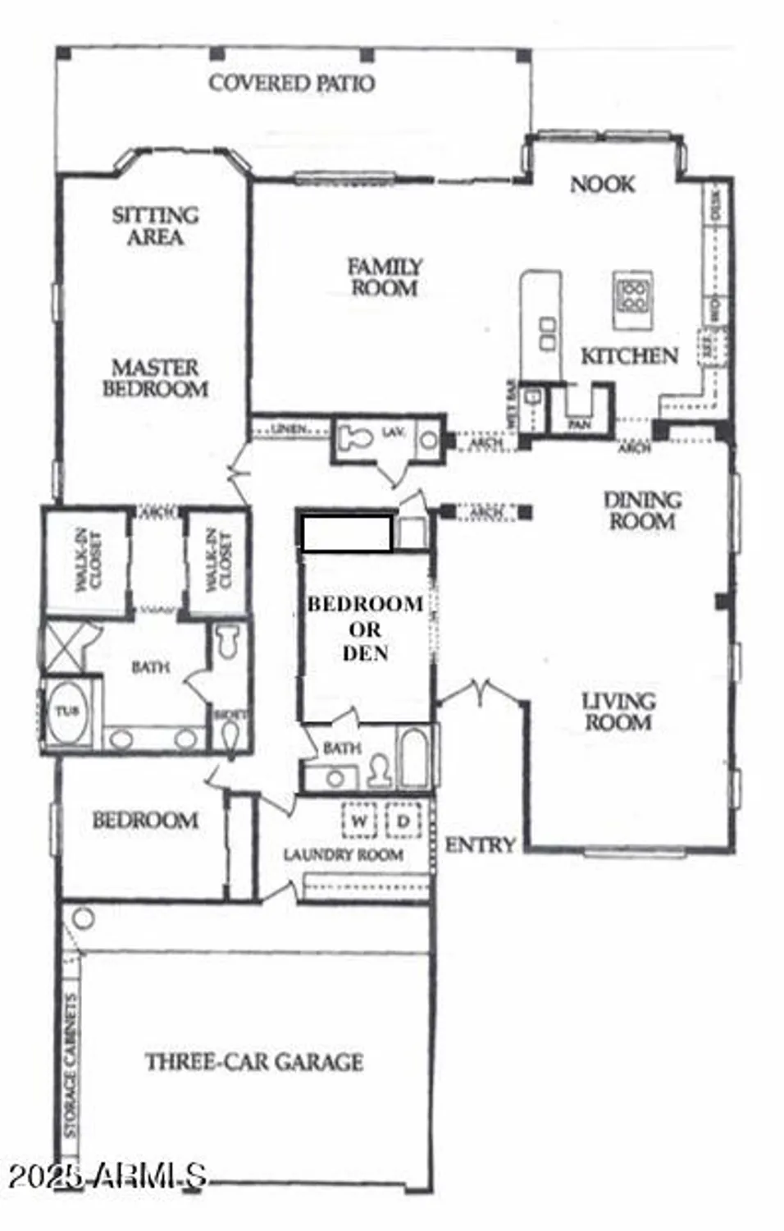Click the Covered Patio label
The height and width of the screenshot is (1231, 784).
click(291, 83)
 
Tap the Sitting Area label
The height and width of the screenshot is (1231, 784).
click(155, 226)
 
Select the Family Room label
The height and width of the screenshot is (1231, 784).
click(384, 277)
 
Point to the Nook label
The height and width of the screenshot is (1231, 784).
click(602, 184)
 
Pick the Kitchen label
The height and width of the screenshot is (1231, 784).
click(629, 356)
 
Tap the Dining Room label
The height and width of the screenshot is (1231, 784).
click(642, 510)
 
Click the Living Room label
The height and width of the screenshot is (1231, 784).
click(618, 712)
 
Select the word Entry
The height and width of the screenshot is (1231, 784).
click(480, 844)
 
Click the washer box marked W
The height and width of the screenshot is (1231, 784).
click(358, 821)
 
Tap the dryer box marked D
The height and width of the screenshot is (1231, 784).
click(403, 821)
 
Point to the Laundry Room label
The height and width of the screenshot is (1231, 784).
click(343, 855)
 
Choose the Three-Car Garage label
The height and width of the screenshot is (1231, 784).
click(254, 1062)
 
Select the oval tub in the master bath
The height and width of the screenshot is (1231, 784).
click(67, 712)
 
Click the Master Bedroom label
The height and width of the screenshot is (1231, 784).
click(155, 378)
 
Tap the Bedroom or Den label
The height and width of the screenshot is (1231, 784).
click(365, 629)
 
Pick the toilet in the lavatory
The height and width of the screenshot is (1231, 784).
click(355, 436)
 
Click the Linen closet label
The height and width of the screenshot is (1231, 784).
click(289, 429)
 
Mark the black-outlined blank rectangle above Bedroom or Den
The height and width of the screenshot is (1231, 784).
click(346, 533)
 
